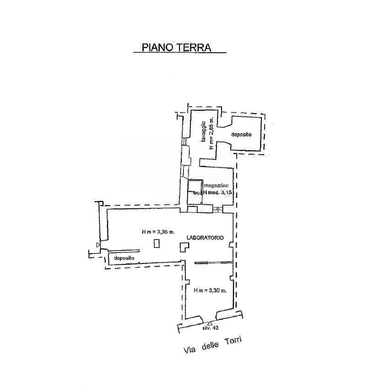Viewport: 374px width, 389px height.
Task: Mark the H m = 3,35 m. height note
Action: point(158,232)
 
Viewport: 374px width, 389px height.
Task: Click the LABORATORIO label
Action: point(205,237)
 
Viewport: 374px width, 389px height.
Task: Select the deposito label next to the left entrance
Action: point(124,258)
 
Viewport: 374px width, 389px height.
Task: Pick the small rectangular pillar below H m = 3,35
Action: point(157,244)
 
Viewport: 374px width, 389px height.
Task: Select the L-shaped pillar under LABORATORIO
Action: point(184,247)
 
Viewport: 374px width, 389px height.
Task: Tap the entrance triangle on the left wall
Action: point(98,246)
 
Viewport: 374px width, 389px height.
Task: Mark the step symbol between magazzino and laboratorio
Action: point(218,210)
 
